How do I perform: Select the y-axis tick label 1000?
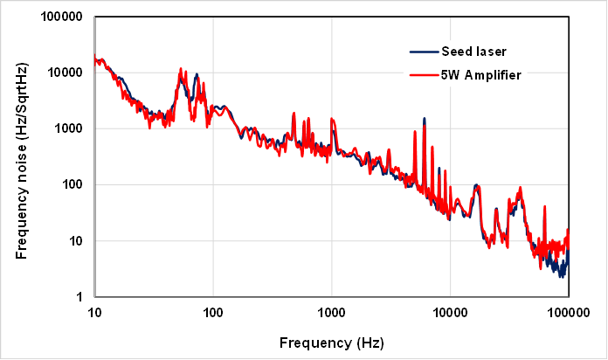[x=66, y=128]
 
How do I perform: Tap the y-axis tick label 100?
[x=70, y=184]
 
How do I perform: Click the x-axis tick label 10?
[x=94, y=312]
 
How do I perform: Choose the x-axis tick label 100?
[x=212, y=312]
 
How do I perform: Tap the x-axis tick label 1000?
[x=331, y=312]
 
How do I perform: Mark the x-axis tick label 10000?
[x=450, y=312]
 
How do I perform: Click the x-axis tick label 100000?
[x=569, y=312]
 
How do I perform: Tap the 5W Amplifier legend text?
[x=481, y=75]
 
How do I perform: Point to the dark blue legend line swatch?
[x=424, y=52]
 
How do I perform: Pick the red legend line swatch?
[x=424, y=75]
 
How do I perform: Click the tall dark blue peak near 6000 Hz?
[x=425, y=119]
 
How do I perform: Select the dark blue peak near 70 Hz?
[x=197, y=75]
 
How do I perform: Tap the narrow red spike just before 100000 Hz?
[x=545, y=208]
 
